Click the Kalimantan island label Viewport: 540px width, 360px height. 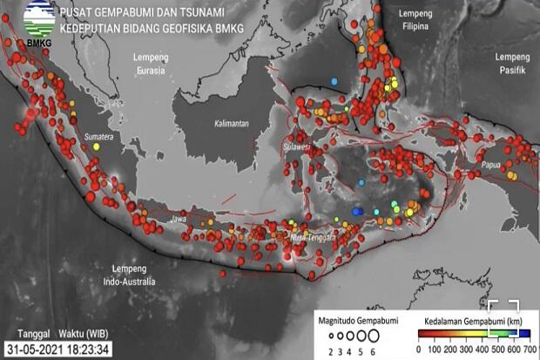(x=232, y=124)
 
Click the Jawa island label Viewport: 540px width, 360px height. (x=180, y=219)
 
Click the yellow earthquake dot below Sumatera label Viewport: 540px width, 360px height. (x=96, y=148)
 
